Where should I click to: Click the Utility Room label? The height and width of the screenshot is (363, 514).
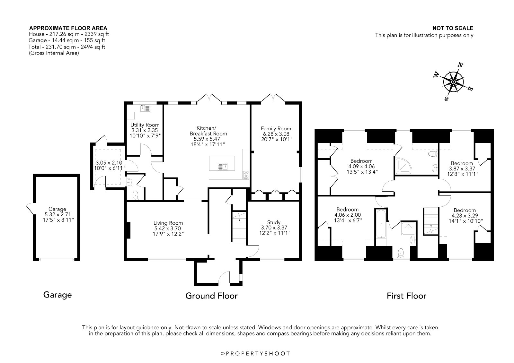pos(145,125)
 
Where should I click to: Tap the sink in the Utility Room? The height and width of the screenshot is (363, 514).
pos(145,108)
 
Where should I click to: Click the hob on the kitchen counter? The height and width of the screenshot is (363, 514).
pos(246,175)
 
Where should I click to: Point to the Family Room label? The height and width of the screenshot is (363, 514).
pos(276,128)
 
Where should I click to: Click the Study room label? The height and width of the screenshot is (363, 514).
pos(274,222)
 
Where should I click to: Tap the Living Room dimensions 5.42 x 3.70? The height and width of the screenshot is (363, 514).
pos(168,229)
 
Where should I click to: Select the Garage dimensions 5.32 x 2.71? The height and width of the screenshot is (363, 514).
pos(58,214)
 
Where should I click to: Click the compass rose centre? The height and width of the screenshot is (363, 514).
pos(453,82)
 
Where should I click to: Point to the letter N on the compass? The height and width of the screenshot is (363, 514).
pos(460,65)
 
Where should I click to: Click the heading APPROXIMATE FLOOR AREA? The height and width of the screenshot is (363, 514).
pos(68,28)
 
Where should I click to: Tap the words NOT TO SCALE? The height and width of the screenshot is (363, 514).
pos(453,28)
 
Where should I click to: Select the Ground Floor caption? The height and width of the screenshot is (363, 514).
pos(211,296)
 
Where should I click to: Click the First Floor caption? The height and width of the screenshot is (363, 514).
pos(406,296)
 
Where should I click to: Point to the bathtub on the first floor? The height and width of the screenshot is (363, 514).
pos(381,224)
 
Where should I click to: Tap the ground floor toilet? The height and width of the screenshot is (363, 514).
pos(135,195)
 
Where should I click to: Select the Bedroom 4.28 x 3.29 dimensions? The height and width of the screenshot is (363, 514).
pos(465,216)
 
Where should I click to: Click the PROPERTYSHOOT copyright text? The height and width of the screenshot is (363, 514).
pos(255,353)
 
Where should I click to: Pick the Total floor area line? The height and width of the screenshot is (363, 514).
pos(67,47)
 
